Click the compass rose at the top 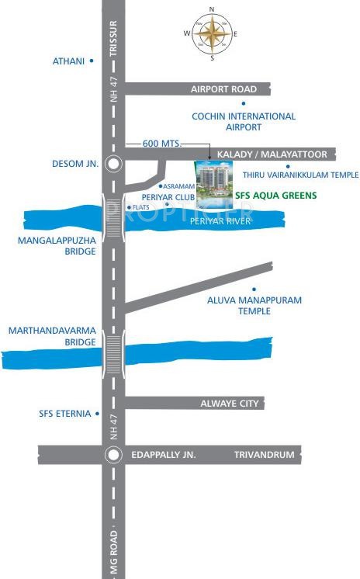(212, 33)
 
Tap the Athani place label (68, 61)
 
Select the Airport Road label (223, 89)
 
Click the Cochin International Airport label (244, 122)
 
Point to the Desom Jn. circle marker (113, 164)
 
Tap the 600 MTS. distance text (161, 144)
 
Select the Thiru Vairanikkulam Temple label (300, 175)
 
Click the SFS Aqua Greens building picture (213, 184)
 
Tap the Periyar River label (221, 221)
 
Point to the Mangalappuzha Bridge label (57, 246)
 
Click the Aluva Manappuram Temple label (244, 305)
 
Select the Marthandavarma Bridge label (52, 336)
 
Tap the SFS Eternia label (65, 414)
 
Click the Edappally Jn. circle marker (113, 455)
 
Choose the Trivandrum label (265, 455)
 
